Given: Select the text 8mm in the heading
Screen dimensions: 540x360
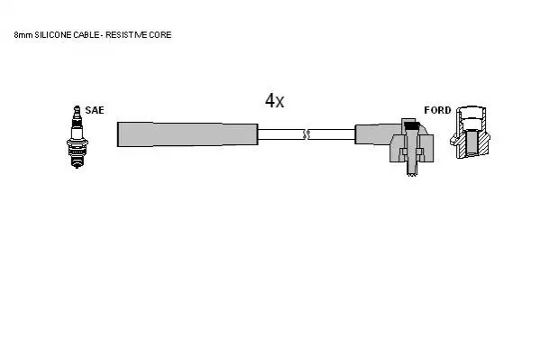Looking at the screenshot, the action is (23, 35).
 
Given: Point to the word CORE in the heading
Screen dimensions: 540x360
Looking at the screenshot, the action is (160, 35).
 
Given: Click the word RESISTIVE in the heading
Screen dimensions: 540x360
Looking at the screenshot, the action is (126, 35).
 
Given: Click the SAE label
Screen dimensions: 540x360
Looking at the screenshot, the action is (95, 110).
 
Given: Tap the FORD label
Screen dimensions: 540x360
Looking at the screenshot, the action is (437, 110).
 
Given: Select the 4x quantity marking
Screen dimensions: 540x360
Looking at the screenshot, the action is (274, 101).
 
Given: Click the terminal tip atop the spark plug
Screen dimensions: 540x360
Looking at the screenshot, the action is (78, 108).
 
